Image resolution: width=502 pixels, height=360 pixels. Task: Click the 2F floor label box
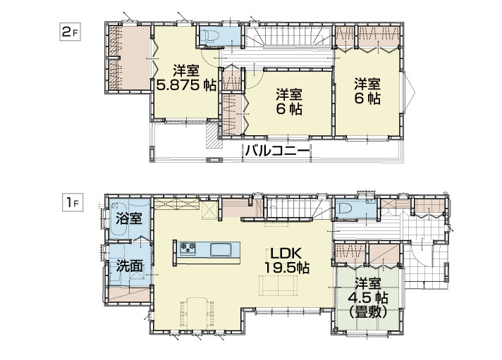70,32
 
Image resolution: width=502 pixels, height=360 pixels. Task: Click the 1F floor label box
73,203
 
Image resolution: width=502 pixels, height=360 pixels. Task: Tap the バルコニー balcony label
277,150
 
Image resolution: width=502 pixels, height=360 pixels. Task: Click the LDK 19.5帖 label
286,261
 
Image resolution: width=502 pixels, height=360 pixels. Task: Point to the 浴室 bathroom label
129,219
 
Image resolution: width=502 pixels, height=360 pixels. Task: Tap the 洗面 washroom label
129,266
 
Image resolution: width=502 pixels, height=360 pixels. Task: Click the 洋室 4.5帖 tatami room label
367,298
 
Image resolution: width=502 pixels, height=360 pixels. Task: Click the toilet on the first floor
345,209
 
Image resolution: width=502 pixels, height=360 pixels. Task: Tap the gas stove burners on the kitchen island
188,247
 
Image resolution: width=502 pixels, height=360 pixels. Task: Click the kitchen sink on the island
221,249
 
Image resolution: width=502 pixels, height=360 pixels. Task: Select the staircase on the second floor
288,37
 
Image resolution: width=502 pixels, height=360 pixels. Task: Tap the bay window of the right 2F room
409,92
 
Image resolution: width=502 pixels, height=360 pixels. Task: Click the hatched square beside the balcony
214,136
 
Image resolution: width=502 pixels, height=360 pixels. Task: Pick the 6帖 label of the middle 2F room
288,110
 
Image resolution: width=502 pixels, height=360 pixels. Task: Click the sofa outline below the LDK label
278,285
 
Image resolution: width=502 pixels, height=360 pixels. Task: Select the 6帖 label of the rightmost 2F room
367,98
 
